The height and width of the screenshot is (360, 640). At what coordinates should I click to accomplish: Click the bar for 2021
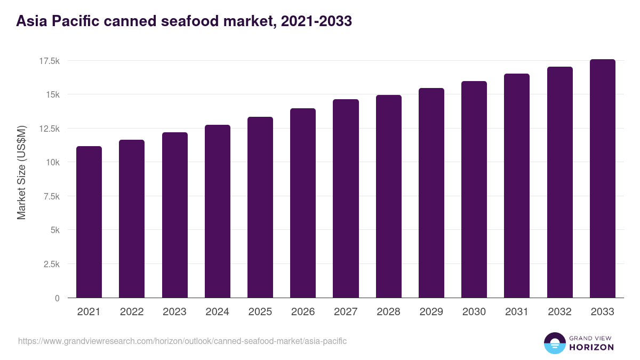[x=89, y=222]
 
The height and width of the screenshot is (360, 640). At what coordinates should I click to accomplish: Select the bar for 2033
[x=602, y=179]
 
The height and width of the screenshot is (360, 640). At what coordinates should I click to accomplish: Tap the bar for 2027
[x=346, y=198]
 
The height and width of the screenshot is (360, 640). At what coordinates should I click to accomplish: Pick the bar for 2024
[x=217, y=211]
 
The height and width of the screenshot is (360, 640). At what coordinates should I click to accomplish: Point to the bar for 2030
[x=474, y=189]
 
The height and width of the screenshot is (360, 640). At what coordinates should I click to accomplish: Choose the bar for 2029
[x=431, y=193]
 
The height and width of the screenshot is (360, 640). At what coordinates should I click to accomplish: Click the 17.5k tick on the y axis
[x=49, y=61]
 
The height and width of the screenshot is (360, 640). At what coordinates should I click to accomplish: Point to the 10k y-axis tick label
[x=52, y=163]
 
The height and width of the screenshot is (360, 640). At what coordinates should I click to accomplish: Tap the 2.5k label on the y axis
[x=51, y=265]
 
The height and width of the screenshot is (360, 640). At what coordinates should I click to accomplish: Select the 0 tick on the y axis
[x=57, y=298]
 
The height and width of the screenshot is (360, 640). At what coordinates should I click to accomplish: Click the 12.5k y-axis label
[x=49, y=129]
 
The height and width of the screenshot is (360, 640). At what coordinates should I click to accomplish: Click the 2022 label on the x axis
[x=132, y=312]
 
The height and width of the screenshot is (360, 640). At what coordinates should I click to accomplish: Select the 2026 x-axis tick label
[x=303, y=312]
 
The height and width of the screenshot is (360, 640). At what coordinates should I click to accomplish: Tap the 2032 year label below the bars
[x=559, y=312]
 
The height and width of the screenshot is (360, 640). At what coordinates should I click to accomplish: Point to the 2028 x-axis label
[x=388, y=312]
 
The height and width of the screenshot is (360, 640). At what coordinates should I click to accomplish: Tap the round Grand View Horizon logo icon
[x=554, y=343]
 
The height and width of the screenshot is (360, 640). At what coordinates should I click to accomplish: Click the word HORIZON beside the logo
[x=591, y=347]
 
